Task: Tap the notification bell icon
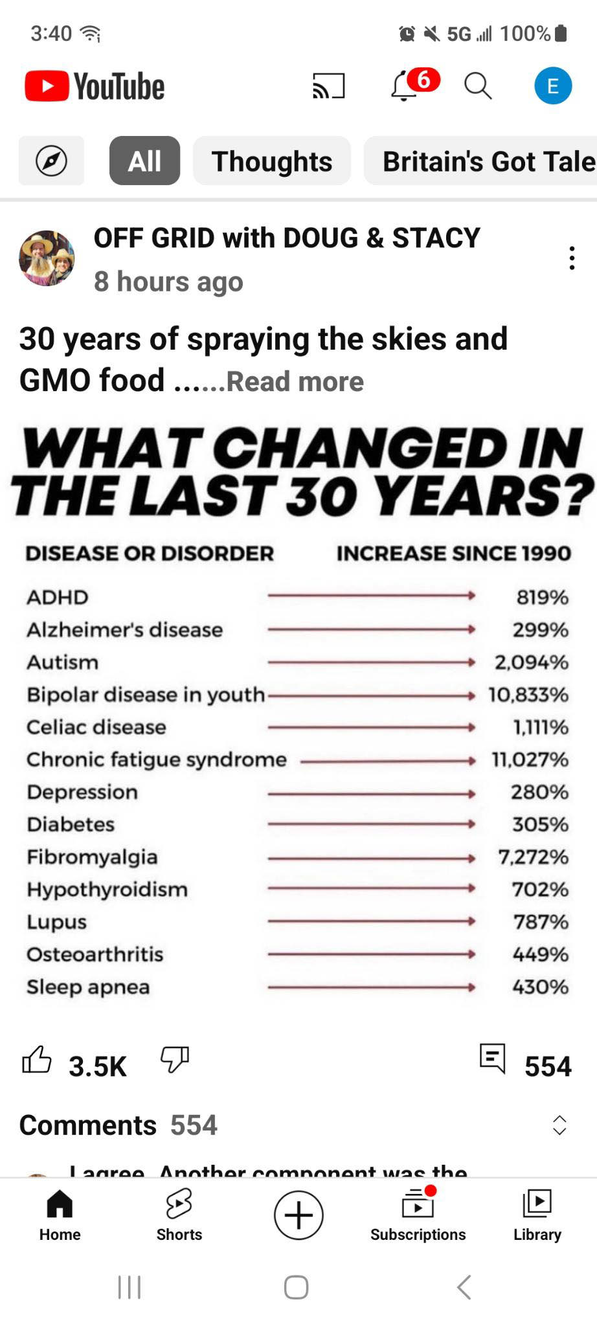coord(405,86)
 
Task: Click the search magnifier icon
coord(478,85)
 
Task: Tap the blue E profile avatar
coord(552,85)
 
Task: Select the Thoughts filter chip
coord(272,161)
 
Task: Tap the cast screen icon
coord(329,85)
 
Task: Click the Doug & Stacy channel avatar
coord(47,258)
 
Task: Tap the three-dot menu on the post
coord(572,258)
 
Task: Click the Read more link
coord(295,381)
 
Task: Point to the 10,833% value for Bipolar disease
coord(528,695)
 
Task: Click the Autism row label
coord(63,662)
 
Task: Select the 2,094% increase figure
coord(532,662)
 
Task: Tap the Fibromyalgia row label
coord(92,857)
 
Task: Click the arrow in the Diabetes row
coord(372,824)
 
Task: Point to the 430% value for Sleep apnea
coord(540,987)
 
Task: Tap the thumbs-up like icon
coord(37,1061)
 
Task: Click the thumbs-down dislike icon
coord(175,1059)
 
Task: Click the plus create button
coord(298,1215)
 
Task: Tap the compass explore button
coord(51,161)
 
